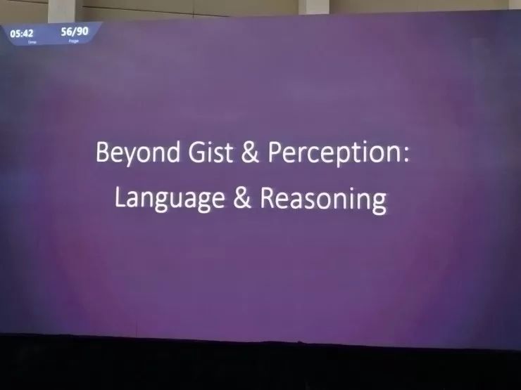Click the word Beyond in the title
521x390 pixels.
click(138, 153)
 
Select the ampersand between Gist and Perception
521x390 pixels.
click(250, 152)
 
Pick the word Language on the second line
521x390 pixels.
click(170, 199)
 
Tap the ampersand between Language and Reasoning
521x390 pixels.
click(242, 197)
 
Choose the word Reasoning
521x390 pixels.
click(323, 200)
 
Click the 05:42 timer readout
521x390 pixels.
click(22, 34)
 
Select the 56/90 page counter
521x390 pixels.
click(75, 32)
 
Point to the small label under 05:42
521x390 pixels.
click(32, 42)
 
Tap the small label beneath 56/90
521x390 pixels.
click(73, 41)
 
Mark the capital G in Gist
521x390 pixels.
click(196, 152)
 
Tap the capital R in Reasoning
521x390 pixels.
click(267, 198)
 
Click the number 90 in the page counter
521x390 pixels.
click(83, 32)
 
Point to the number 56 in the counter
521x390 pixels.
click(66, 32)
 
